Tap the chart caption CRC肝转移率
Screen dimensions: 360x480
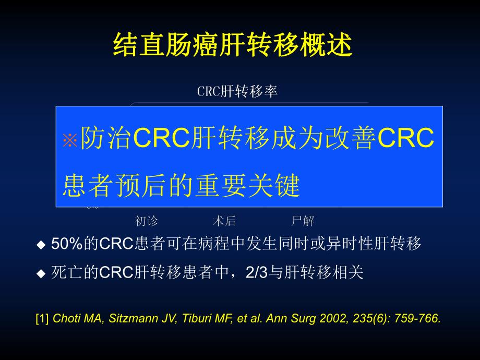237,91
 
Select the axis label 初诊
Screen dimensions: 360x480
146,221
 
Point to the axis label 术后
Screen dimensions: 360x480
225,221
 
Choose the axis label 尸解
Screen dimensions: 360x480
303,221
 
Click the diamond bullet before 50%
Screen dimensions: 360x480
41,245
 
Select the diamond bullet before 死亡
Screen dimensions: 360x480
41,273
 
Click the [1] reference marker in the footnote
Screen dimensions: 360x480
42,318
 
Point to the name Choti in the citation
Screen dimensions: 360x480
65,318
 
